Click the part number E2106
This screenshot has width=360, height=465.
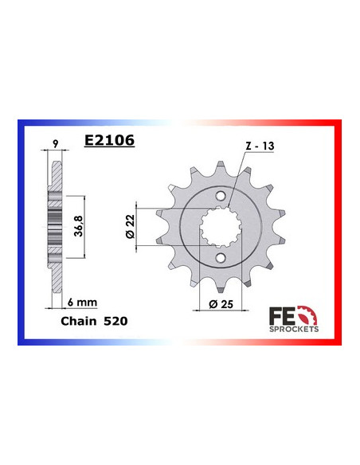tap(109, 141)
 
